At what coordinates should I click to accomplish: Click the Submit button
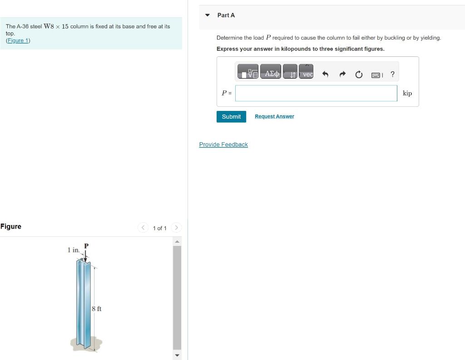coord(231,117)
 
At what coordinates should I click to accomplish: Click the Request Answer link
coord(274,117)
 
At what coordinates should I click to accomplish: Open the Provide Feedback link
coord(223,145)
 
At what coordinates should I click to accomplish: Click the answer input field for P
coord(316,93)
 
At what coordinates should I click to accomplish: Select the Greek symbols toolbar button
coord(272,74)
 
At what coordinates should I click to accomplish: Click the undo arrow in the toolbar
coord(325,75)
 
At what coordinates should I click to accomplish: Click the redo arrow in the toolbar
coord(342,75)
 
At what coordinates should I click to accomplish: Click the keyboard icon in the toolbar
coord(376,75)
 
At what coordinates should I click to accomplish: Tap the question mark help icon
coord(392,74)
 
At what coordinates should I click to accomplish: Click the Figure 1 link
coord(18,40)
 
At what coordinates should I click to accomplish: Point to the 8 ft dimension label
coord(96,309)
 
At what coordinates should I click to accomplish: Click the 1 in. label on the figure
coord(73,250)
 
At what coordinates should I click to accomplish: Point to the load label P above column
coord(86,246)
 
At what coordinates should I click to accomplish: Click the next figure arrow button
coord(177,228)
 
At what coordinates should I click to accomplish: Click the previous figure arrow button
coord(143,228)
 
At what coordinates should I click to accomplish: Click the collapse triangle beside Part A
coord(208,15)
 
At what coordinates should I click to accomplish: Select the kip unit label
coord(407,93)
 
